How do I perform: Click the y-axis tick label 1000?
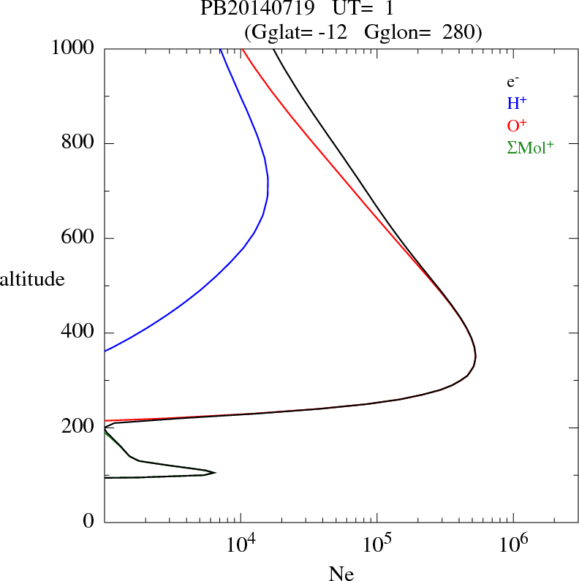(x=73, y=48)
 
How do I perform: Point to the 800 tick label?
(x=78, y=143)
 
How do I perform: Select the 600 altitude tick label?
(x=78, y=238)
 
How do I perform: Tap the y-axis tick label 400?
(x=78, y=333)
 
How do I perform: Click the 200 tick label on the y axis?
(x=78, y=428)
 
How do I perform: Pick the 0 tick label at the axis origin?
(x=89, y=523)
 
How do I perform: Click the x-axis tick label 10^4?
(x=241, y=544)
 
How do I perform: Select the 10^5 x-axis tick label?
(x=376, y=544)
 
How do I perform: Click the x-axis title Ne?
(x=341, y=574)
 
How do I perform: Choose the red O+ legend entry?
(x=517, y=126)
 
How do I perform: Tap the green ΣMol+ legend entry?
(x=530, y=148)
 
